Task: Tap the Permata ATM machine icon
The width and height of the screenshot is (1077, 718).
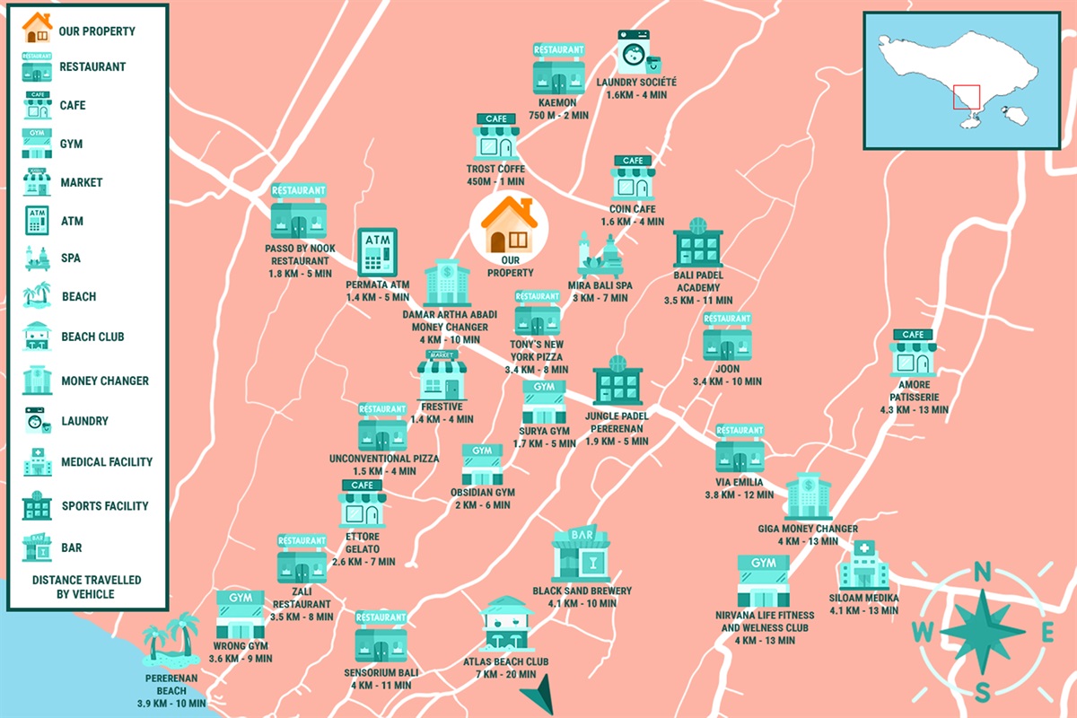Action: [377, 252]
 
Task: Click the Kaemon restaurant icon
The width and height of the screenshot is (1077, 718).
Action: [558, 68]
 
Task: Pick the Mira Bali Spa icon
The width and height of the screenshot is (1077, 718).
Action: [599, 255]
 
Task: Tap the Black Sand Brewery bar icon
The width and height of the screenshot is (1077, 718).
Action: [581, 555]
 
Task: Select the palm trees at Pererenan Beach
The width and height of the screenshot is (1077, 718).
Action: [171, 637]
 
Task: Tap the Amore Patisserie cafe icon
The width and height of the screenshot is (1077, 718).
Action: [913, 353]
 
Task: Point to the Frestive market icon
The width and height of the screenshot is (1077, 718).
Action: [442, 374]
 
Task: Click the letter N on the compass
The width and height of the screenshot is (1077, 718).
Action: [982, 572]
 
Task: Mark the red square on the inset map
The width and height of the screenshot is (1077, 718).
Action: [967, 97]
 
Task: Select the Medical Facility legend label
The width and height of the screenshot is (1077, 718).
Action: [107, 462]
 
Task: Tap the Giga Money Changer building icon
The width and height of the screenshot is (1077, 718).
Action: [808, 496]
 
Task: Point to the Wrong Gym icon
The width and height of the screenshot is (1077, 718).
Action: [241, 615]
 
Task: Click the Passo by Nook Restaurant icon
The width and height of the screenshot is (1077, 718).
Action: [299, 212]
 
